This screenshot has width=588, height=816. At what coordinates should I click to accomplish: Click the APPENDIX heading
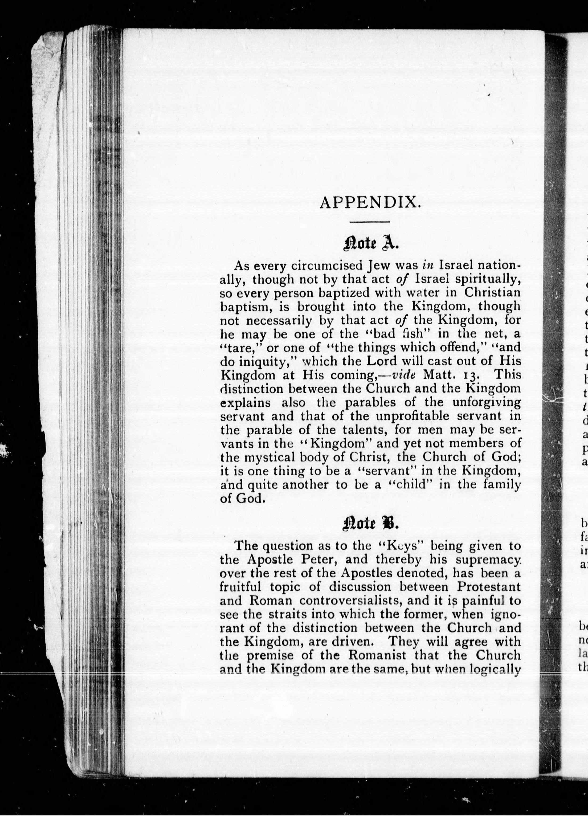tap(370, 203)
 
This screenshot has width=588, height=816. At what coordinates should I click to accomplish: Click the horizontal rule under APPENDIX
tap(370, 222)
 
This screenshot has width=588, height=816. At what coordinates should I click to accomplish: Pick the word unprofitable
tap(415, 416)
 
